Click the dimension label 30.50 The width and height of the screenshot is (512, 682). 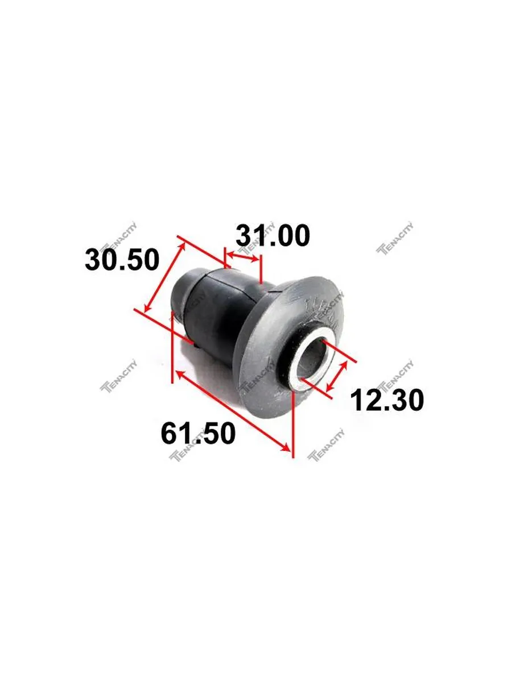(x=122, y=260)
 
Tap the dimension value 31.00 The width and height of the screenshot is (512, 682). (x=272, y=235)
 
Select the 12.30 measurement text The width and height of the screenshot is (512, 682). (x=387, y=400)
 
